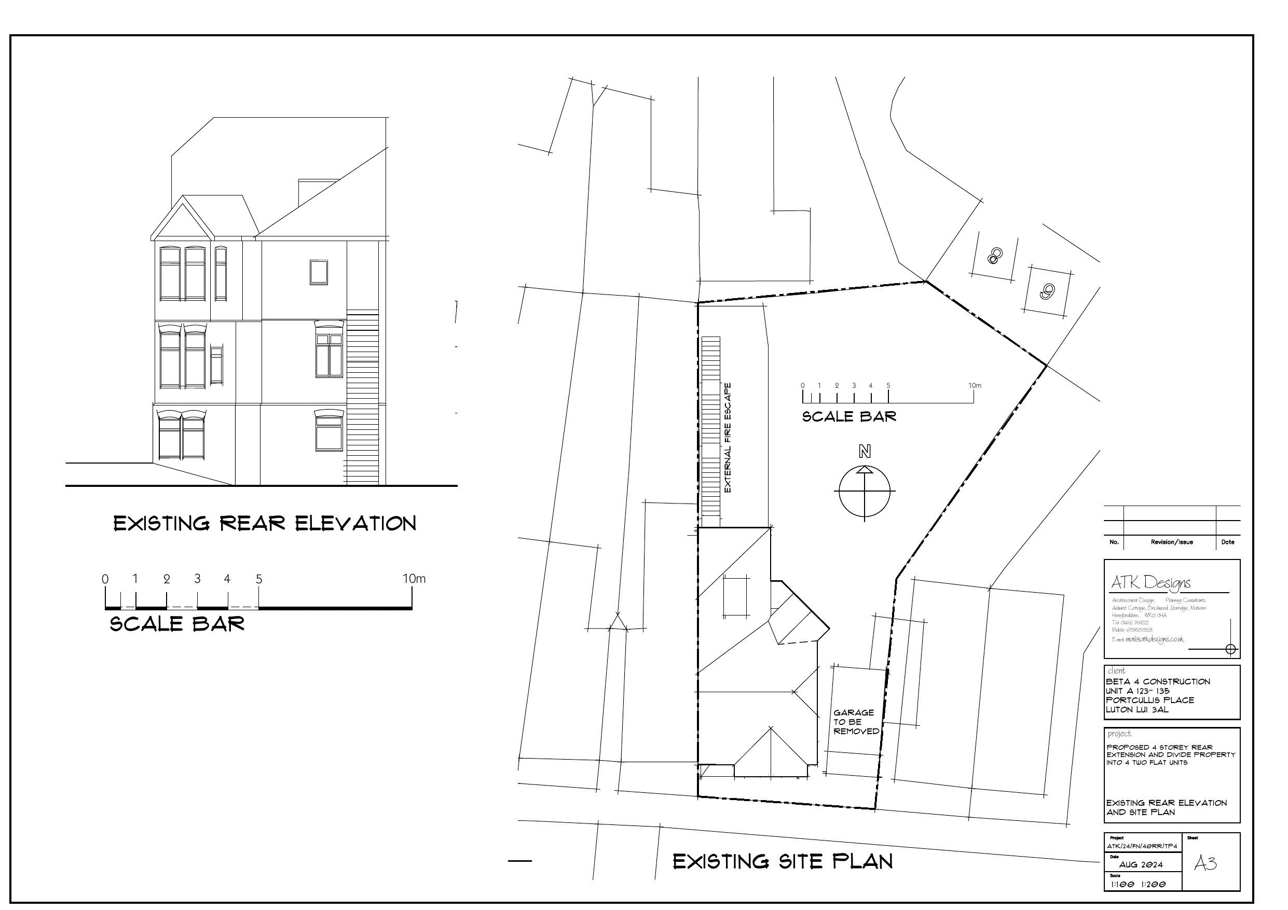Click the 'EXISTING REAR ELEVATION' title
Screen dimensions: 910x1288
click(265, 524)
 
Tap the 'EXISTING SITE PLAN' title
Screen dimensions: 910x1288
click(783, 862)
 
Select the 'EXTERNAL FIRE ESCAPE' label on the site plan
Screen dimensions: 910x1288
click(728, 438)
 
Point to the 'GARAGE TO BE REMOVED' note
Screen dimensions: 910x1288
click(856, 722)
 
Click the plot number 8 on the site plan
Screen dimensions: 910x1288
click(993, 257)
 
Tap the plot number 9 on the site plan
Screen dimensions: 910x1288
click(1047, 291)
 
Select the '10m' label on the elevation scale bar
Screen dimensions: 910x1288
click(414, 579)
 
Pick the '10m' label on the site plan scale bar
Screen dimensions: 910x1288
click(975, 386)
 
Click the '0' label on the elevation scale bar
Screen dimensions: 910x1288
click(105, 579)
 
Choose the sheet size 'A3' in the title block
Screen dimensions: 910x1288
click(1205, 863)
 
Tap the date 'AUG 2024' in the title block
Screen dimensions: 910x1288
click(1141, 864)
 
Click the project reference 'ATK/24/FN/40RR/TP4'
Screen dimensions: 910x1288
click(1142, 846)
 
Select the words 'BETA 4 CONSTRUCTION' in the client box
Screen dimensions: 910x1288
click(1158, 682)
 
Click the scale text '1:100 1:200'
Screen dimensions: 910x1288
click(1138, 884)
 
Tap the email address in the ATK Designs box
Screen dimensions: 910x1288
click(1148, 639)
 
